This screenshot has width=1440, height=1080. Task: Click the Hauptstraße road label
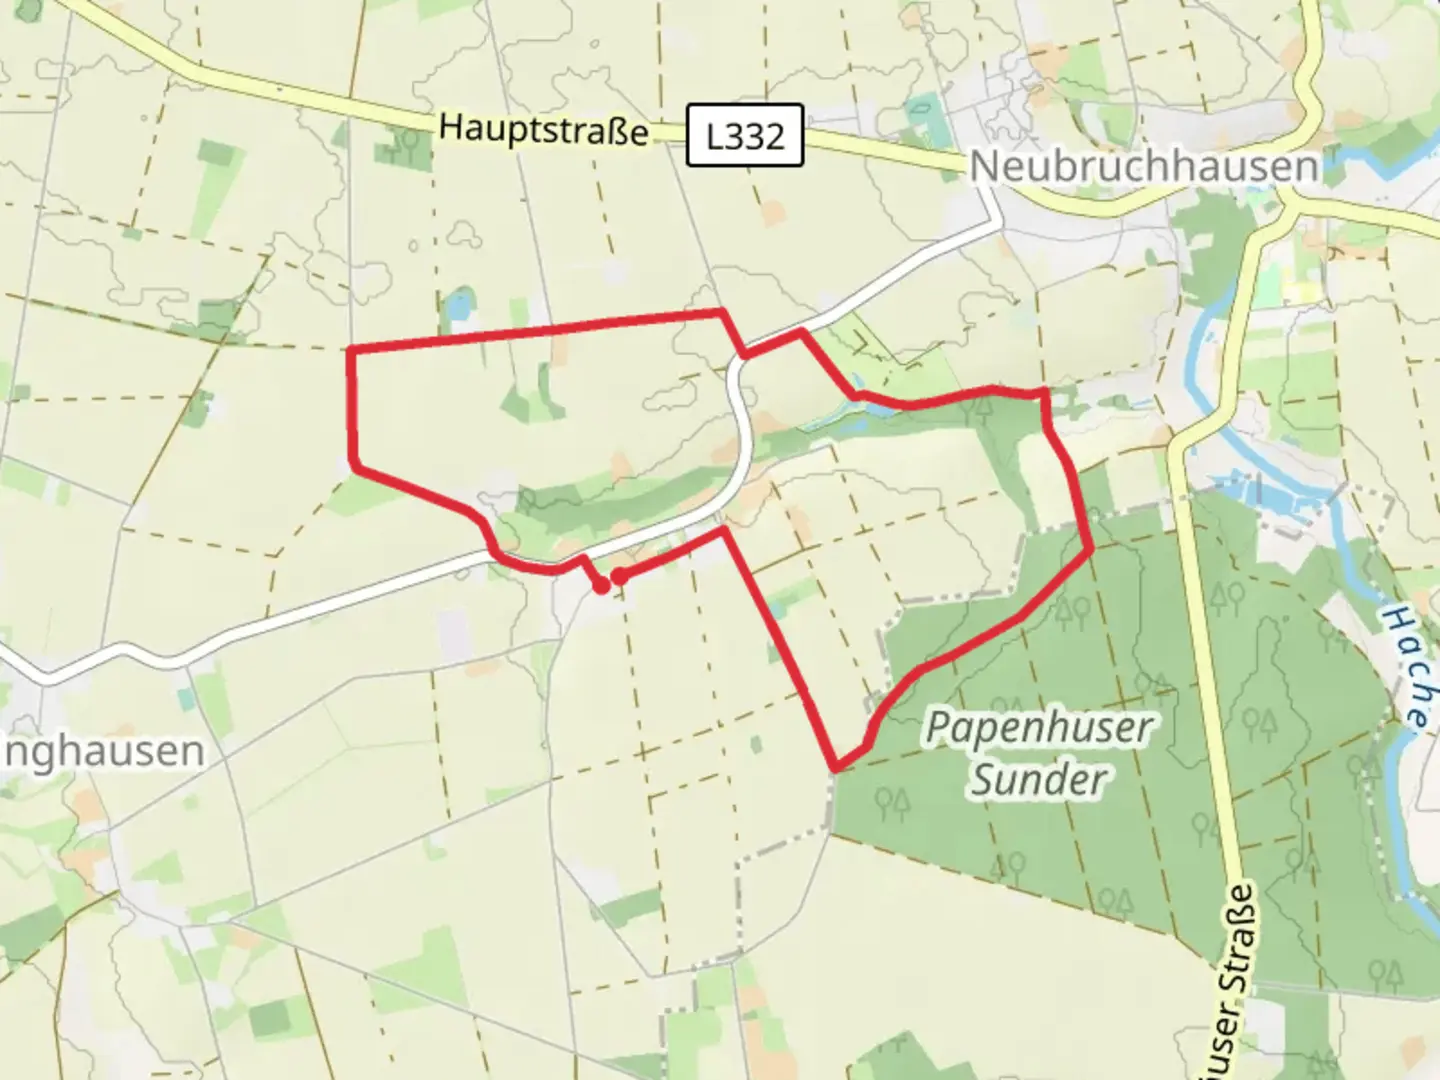tap(543, 130)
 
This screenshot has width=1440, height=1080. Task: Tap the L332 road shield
tap(745, 135)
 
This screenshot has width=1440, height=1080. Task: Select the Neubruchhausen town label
tap(1144, 166)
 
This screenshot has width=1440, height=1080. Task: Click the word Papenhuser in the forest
tap(1038, 727)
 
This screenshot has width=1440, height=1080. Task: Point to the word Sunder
tap(1039, 780)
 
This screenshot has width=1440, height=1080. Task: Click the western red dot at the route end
tap(600, 586)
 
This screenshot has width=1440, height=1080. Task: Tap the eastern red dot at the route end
tap(620, 576)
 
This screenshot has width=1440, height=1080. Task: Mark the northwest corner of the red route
tap(350, 349)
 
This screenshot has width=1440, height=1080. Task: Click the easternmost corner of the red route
tap(1089, 547)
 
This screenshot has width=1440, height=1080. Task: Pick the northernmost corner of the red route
tap(720, 313)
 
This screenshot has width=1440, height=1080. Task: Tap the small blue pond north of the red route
tap(459, 306)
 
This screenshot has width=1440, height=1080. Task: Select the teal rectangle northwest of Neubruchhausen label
tap(925, 114)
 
